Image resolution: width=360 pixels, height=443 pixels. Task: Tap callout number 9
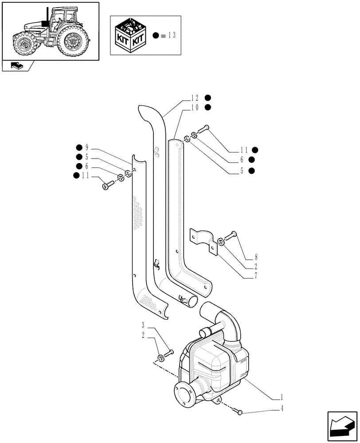tap(87, 148)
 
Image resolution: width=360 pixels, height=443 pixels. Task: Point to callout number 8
tap(256, 257)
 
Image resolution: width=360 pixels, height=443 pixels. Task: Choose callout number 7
tap(256, 276)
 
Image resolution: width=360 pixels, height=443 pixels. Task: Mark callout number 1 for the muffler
tap(282, 397)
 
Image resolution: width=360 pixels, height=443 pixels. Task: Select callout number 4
tap(282, 409)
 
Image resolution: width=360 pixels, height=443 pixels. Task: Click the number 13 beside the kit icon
tap(172, 35)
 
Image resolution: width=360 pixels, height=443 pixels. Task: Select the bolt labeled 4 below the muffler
tap(240, 412)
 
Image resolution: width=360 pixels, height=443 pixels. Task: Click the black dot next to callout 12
tap(208, 98)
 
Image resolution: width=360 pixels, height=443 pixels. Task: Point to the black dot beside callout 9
tap(78, 148)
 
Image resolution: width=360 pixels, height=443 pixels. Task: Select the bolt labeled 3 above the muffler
tap(169, 353)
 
